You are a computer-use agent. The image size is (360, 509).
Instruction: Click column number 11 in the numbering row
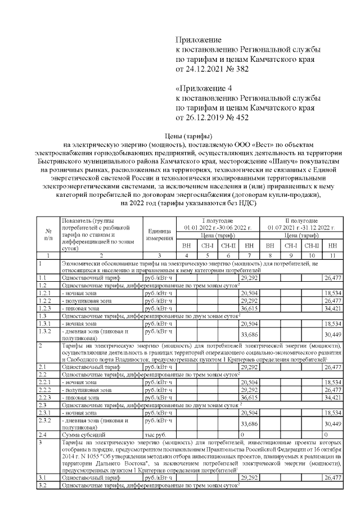(x=332, y=256)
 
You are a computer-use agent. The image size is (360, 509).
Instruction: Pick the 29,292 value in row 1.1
(x=247, y=278)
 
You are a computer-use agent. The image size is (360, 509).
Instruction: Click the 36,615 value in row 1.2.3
(x=247, y=309)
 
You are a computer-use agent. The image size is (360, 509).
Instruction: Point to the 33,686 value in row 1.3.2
(x=247, y=335)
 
